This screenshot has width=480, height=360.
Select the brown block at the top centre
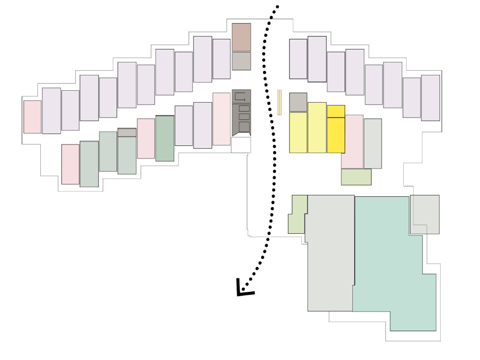point(241,37)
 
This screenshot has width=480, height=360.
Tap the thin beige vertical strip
point(279,102)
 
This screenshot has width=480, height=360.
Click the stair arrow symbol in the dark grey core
point(241,96)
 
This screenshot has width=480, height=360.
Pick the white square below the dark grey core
point(241,145)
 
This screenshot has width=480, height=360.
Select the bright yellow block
point(336,129)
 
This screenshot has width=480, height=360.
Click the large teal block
point(394,259)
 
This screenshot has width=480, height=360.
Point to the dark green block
point(165,138)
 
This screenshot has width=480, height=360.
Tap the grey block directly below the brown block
point(241,61)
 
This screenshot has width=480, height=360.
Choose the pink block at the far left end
point(33,117)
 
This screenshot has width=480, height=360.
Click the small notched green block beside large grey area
point(298,215)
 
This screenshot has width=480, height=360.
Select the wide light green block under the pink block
point(356,177)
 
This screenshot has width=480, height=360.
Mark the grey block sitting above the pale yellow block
point(298,102)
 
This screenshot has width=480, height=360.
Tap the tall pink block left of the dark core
point(222,119)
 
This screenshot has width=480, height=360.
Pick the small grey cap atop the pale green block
point(127,132)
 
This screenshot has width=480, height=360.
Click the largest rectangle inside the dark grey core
point(244,127)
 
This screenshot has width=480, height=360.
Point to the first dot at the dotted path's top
point(277,7)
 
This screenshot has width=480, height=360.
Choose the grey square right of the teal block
point(425,215)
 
